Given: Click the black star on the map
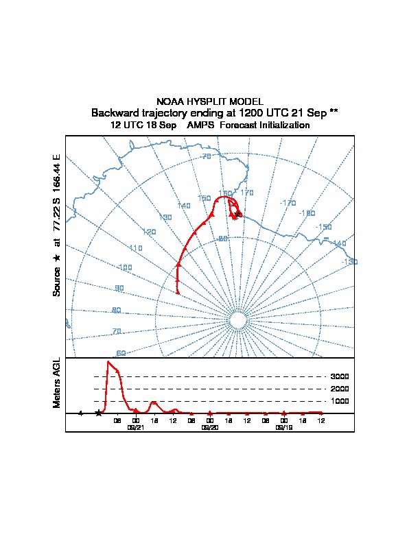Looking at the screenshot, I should pyautogui.click(x=238, y=215).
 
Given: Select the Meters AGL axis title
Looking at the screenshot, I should pyautogui.click(x=57, y=383).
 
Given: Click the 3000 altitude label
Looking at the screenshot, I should pyautogui.click(x=340, y=376).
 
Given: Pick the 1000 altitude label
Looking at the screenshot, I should pyautogui.click(x=340, y=401).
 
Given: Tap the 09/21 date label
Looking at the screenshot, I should pyautogui.click(x=136, y=426).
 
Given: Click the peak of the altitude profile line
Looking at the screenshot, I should pyautogui.click(x=108, y=361).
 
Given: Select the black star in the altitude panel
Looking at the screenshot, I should pyautogui.click(x=99, y=413).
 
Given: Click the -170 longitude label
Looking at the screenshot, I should pyautogui.click(x=288, y=203).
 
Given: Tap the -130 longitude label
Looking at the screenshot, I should pyautogui.click(x=349, y=262).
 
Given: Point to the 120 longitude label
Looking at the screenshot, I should pyautogui.click(x=150, y=232).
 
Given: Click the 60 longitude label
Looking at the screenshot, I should pyautogui.click(x=121, y=353).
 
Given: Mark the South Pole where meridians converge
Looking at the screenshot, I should pyautogui.click(x=237, y=321).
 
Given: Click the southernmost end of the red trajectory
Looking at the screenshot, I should pyautogui.click(x=178, y=293).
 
